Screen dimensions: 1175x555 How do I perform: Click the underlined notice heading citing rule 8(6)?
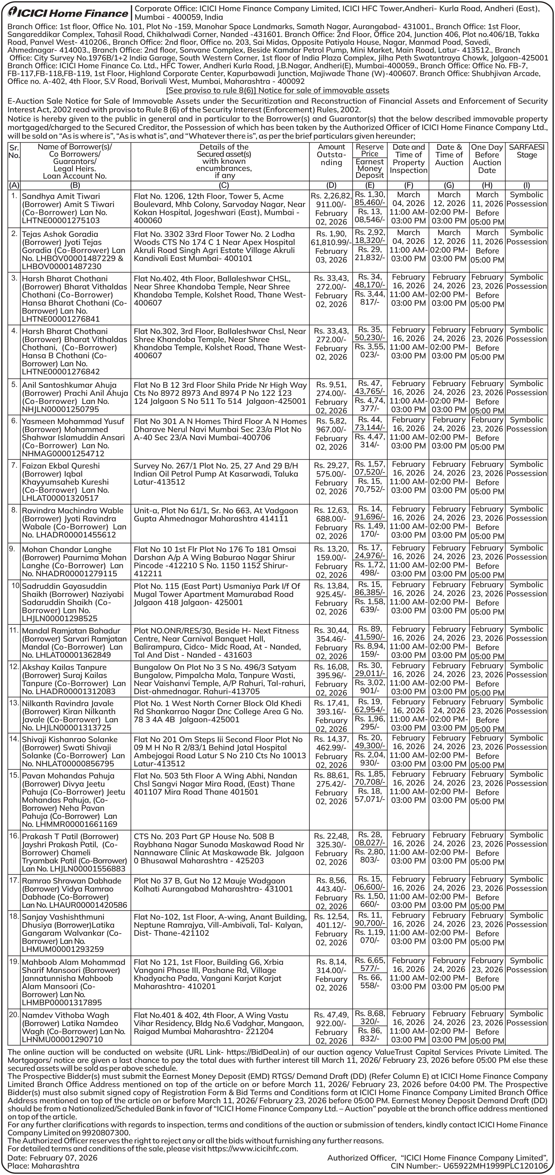pos(277,90)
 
